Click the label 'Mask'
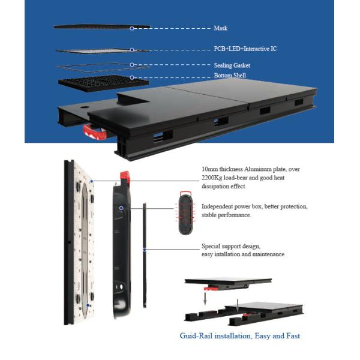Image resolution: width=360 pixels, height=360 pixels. pos(220,28)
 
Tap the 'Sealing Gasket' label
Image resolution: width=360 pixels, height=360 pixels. pos(232,65)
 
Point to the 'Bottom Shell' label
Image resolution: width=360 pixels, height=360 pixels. pos(229,76)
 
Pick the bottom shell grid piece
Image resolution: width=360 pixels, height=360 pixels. pos(94,83)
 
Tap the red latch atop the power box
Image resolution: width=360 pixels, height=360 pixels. pos(126,176)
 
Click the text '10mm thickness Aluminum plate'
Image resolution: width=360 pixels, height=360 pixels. pos(245,170)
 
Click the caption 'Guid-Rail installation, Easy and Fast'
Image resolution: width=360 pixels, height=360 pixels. pos(240,336)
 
